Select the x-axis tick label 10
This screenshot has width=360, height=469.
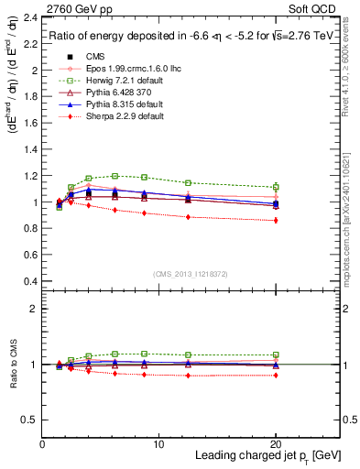(159, 443)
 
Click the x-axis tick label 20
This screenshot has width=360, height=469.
(276, 443)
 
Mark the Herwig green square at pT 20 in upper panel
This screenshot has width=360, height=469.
(276, 187)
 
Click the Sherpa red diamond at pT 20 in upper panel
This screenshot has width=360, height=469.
(276, 220)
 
